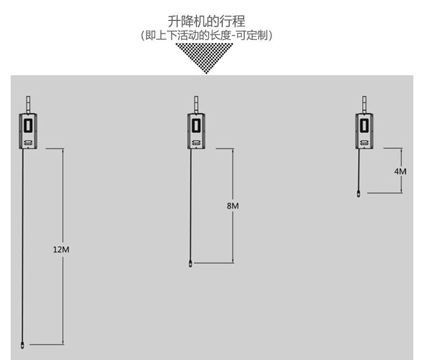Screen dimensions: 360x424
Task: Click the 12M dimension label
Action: tap(62, 249)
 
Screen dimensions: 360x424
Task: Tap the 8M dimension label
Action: tap(232, 206)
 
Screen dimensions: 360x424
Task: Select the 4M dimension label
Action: tap(400, 171)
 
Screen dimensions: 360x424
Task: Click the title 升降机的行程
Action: tap(207, 21)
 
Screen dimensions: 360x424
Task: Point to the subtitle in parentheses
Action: tap(207, 36)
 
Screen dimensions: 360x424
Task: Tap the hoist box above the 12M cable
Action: tap(28, 131)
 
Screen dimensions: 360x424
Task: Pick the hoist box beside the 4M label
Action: tap(364, 131)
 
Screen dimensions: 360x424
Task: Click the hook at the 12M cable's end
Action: tap(22, 343)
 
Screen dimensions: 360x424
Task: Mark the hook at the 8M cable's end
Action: tap(191, 263)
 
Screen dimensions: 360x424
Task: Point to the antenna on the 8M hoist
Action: tap(196, 104)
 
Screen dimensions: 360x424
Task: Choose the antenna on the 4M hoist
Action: tap(365, 104)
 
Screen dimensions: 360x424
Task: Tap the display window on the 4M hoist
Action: tap(364, 125)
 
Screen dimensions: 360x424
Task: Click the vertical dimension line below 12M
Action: tap(63, 301)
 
